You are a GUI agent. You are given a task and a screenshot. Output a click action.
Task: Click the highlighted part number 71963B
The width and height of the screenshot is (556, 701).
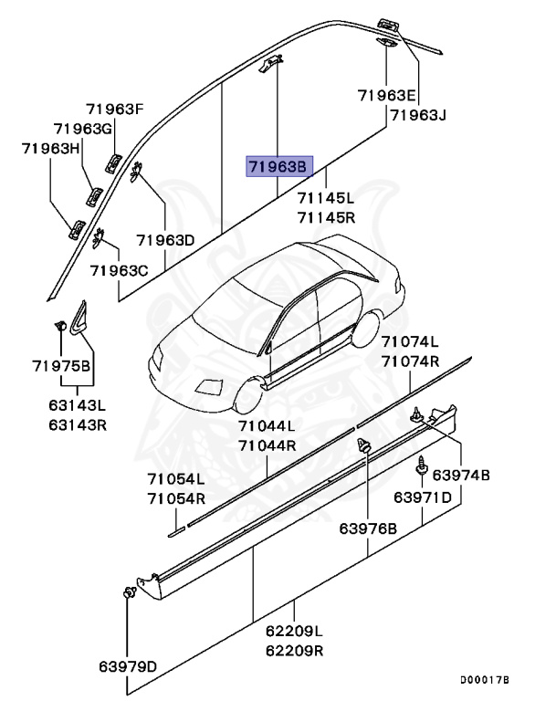pos(278,168)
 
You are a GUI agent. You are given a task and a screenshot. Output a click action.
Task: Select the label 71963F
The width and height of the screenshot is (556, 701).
pos(116,110)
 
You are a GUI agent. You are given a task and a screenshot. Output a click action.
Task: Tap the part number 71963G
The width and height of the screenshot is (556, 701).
pos(83,129)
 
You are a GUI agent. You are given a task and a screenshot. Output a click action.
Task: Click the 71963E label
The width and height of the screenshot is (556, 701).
pos(387,95)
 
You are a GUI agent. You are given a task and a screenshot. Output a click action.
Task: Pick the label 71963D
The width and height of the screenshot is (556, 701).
pos(166,241)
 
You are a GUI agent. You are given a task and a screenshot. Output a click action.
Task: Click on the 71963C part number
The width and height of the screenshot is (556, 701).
pos(120,270)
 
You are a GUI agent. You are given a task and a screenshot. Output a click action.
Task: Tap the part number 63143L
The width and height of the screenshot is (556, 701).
pos(78,406)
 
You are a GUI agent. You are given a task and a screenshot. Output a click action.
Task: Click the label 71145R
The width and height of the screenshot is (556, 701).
pos(326,217)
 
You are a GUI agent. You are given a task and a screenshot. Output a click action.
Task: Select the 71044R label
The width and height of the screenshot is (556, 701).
pos(268,445)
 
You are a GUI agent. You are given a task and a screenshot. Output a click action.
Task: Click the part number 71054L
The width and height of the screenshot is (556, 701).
pos(176,480)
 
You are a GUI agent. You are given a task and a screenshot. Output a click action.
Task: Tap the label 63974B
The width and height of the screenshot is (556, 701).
pos(461,475)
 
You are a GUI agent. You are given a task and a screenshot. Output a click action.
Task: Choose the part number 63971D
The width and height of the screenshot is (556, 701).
pos(423,497)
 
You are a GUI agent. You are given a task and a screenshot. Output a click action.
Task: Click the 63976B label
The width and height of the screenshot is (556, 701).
pos(368,528)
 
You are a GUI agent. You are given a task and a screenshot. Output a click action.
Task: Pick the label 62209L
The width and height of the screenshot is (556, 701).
pos(296,631)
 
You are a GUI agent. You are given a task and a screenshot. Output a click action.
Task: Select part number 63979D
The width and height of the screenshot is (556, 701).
pos(128,667)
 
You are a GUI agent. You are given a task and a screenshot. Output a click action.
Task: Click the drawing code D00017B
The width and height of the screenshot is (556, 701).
pos(484,680)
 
